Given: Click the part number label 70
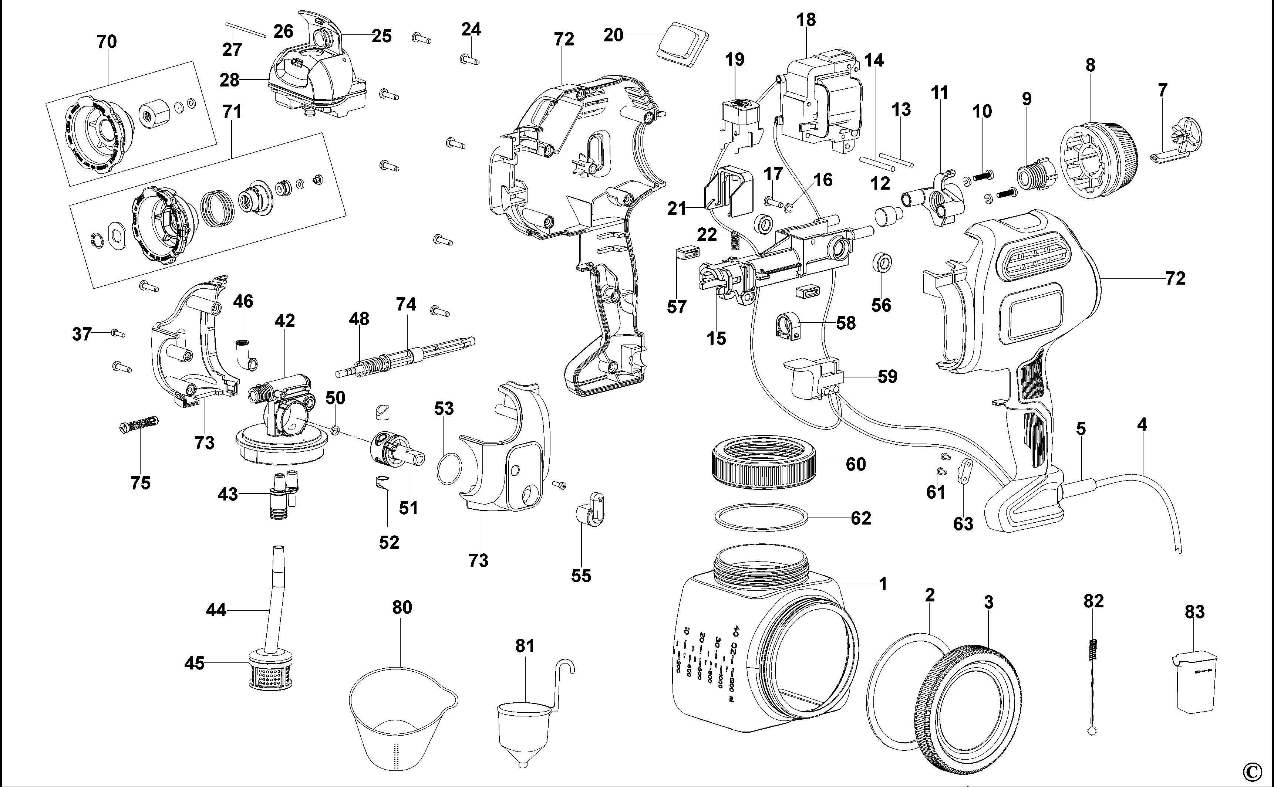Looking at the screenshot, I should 107,42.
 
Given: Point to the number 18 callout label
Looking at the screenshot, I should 806,20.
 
